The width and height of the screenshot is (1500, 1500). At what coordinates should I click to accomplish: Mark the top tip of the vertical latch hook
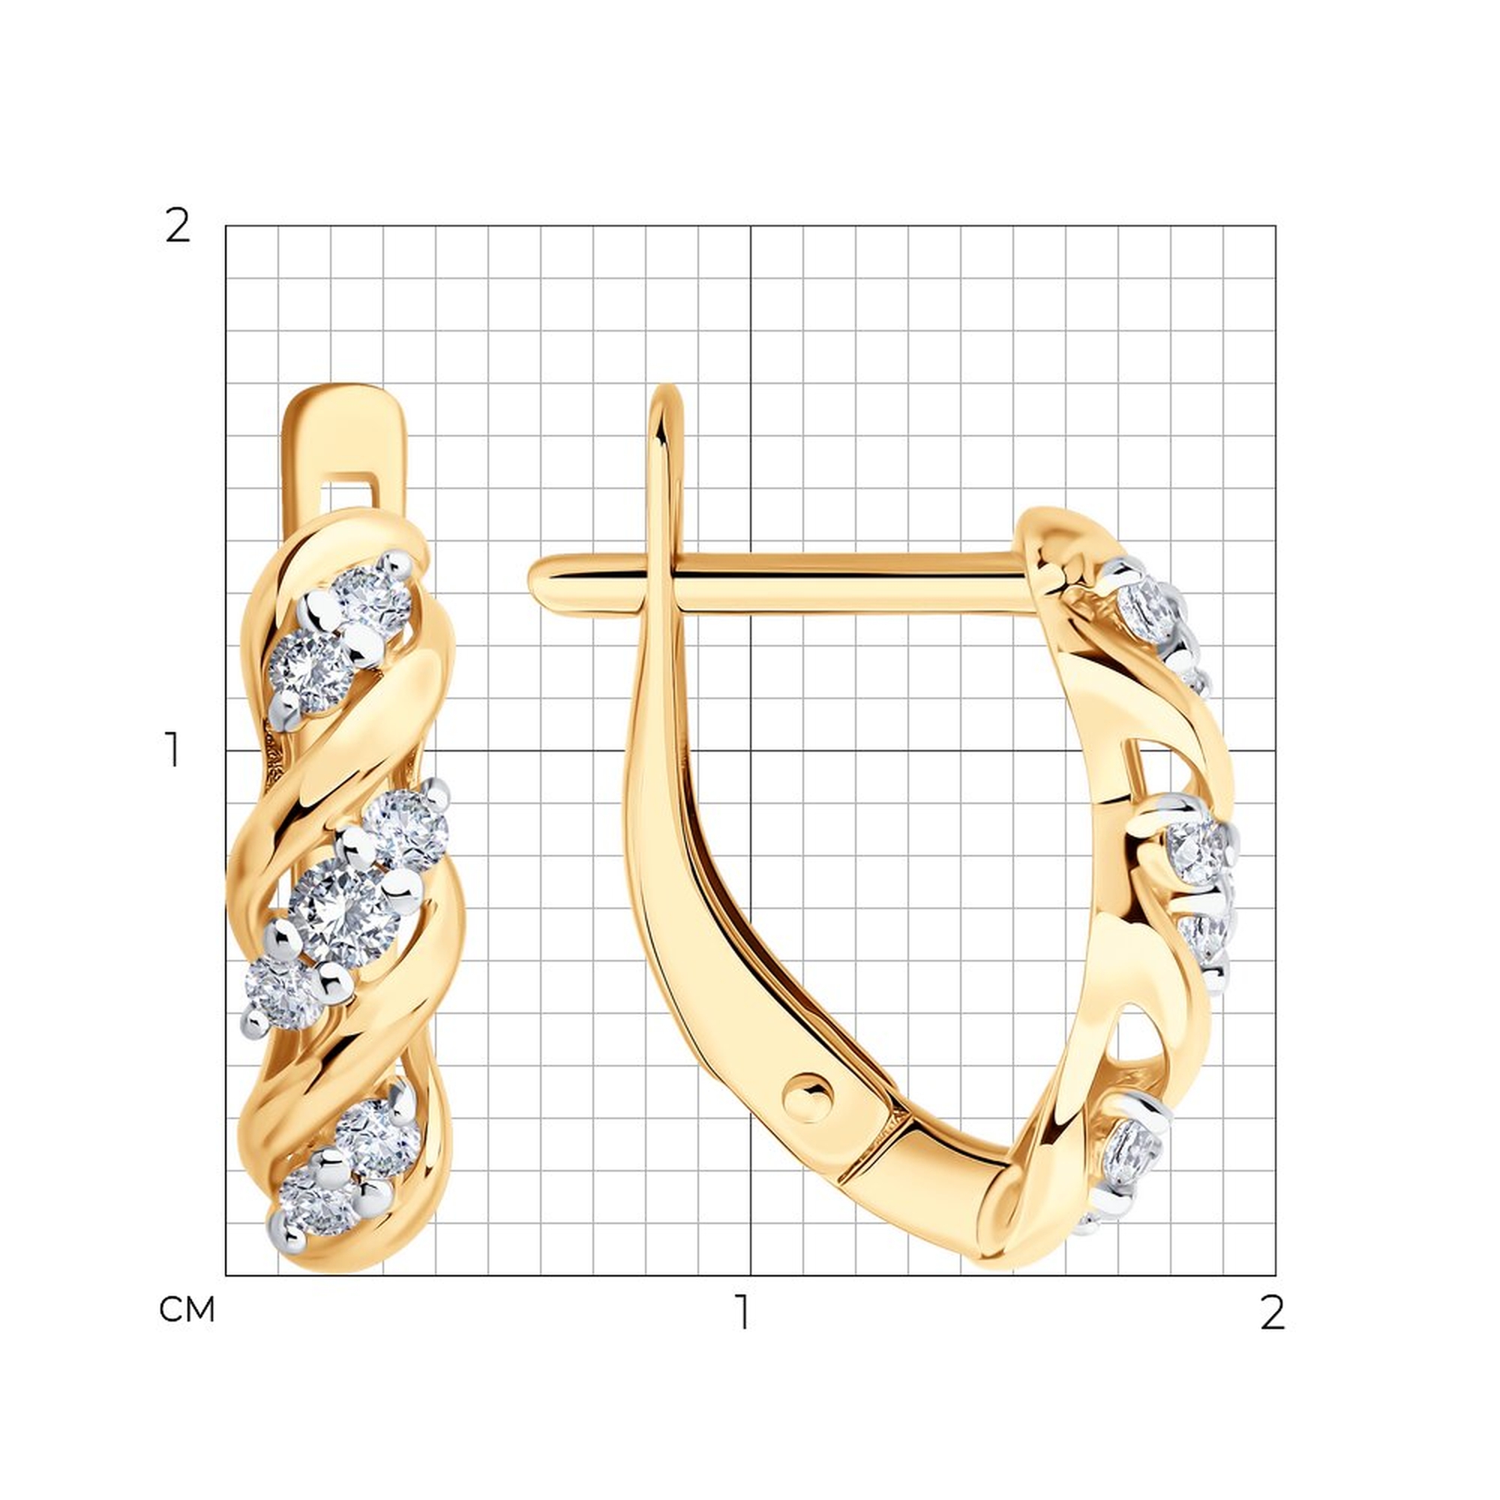pos(666,388)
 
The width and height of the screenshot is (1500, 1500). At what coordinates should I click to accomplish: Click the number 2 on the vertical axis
pos(177,226)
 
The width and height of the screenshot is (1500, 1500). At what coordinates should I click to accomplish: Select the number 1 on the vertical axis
pos(174,750)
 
